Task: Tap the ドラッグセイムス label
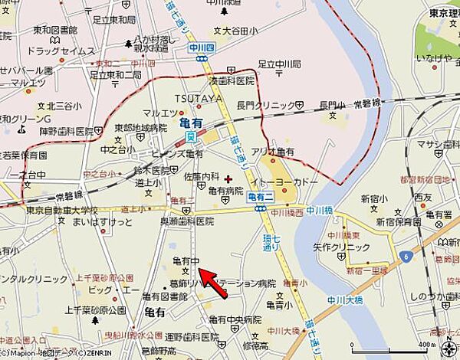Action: (x=55, y=51)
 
